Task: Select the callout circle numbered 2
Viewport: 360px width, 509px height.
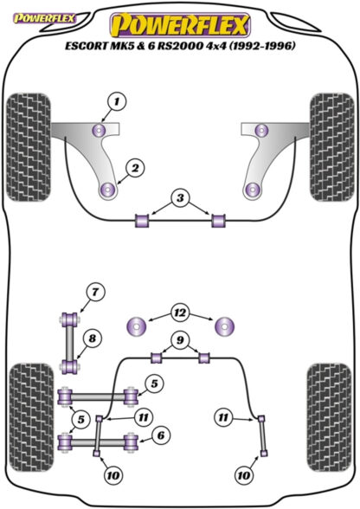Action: [135, 168]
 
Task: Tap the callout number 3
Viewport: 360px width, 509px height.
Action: [179, 199]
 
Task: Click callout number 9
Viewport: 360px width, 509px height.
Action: [179, 338]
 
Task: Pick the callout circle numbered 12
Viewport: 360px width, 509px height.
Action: [179, 309]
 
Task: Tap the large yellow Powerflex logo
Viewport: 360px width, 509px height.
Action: [179, 23]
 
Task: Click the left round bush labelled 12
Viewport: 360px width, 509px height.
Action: [137, 327]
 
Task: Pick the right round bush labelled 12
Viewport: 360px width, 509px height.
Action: [225, 327]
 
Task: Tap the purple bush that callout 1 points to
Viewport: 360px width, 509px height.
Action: [100, 131]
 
